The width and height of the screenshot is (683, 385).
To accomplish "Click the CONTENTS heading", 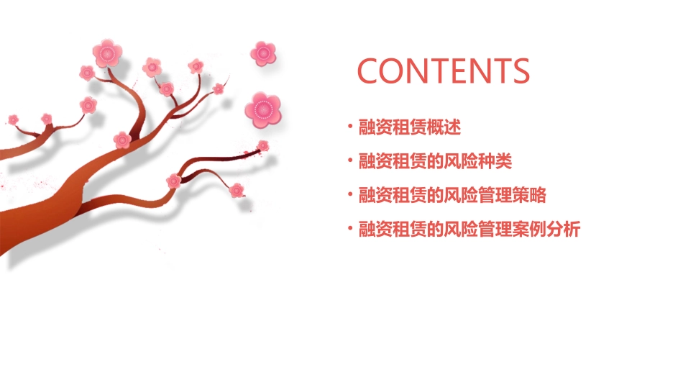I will click(x=443, y=71).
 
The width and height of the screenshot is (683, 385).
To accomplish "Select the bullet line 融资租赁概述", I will click(x=409, y=127).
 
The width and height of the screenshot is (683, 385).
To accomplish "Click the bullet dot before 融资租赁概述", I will click(x=350, y=127).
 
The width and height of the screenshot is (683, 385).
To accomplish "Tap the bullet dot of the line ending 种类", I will click(x=350, y=161).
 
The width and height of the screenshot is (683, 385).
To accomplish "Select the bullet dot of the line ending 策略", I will click(x=350, y=195).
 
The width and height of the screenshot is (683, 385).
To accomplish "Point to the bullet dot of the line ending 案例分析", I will click(x=350, y=230).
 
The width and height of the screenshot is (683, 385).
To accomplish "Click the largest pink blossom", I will click(x=263, y=109).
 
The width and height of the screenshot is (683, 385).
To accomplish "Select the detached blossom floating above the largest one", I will click(x=263, y=53).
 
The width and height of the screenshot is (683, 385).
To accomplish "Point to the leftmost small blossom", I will click(x=13, y=119).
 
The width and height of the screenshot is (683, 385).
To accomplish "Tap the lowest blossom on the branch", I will click(x=237, y=190).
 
